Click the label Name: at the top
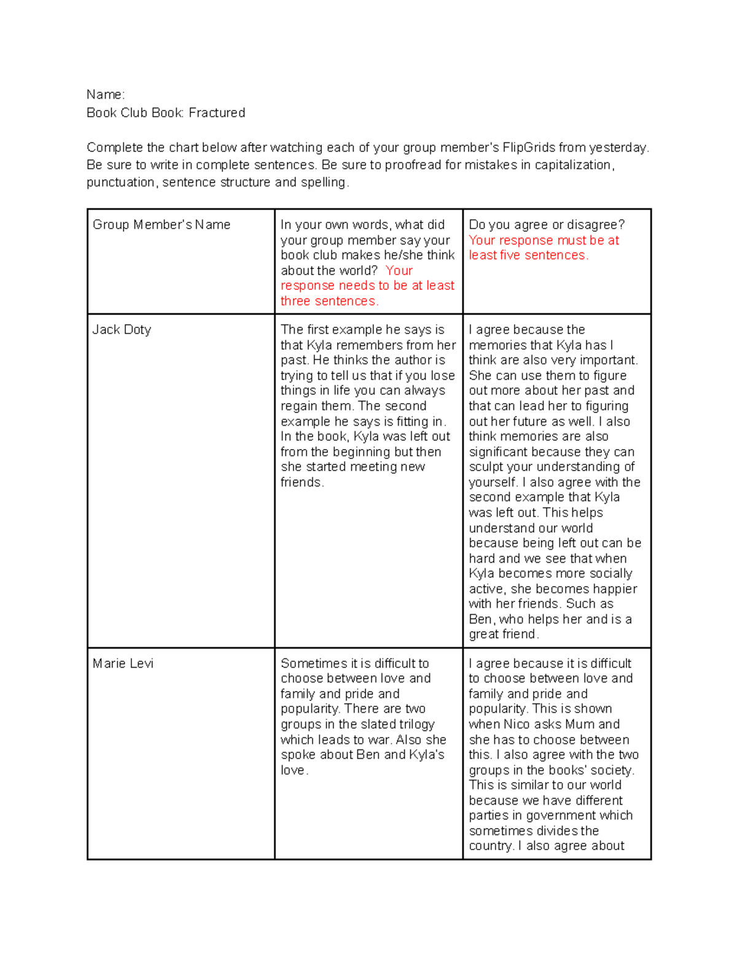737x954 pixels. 105,95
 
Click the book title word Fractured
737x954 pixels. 217,113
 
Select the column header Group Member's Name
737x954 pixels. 162,225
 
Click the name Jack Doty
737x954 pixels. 122,330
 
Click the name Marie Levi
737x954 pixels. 123,663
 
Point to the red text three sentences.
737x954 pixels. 329,301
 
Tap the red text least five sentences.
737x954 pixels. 528,256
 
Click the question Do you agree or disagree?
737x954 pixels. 547,225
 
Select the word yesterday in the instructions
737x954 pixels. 618,148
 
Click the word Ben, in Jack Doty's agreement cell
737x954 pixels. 482,619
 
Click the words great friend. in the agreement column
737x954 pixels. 504,635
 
